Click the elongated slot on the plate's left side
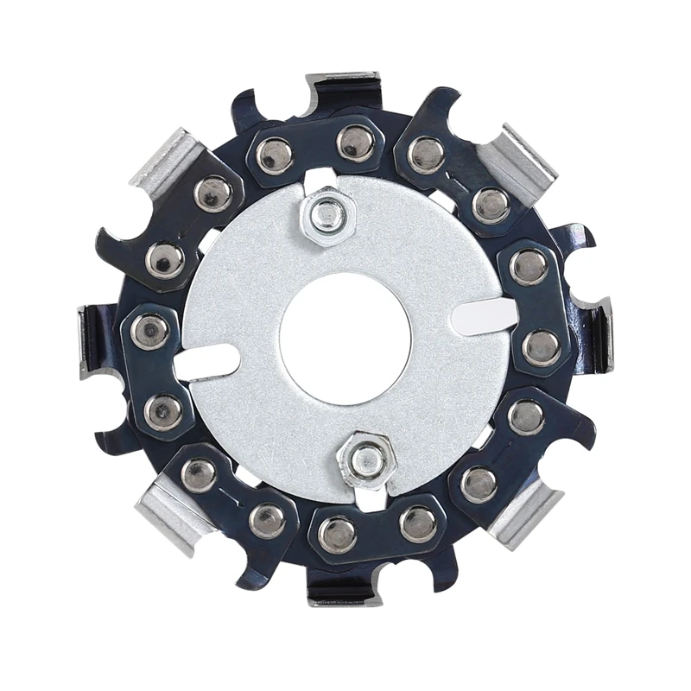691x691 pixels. (206, 360)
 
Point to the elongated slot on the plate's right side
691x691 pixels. (484, 314)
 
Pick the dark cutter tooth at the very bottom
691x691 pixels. (345, 587)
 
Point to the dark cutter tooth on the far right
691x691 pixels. (596, 333)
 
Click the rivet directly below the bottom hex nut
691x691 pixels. (337, 535)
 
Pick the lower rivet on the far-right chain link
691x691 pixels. (542, 347)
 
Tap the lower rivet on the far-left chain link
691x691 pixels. (162, 411)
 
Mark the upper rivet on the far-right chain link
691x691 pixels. (529, 267)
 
